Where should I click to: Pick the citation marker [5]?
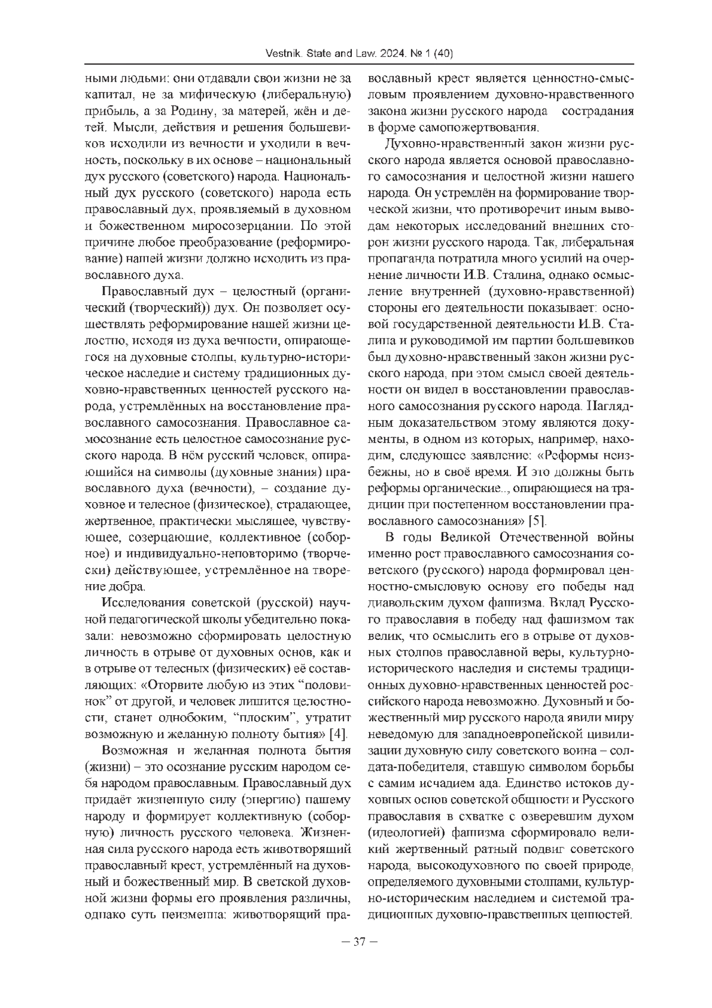tap(538, 521)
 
